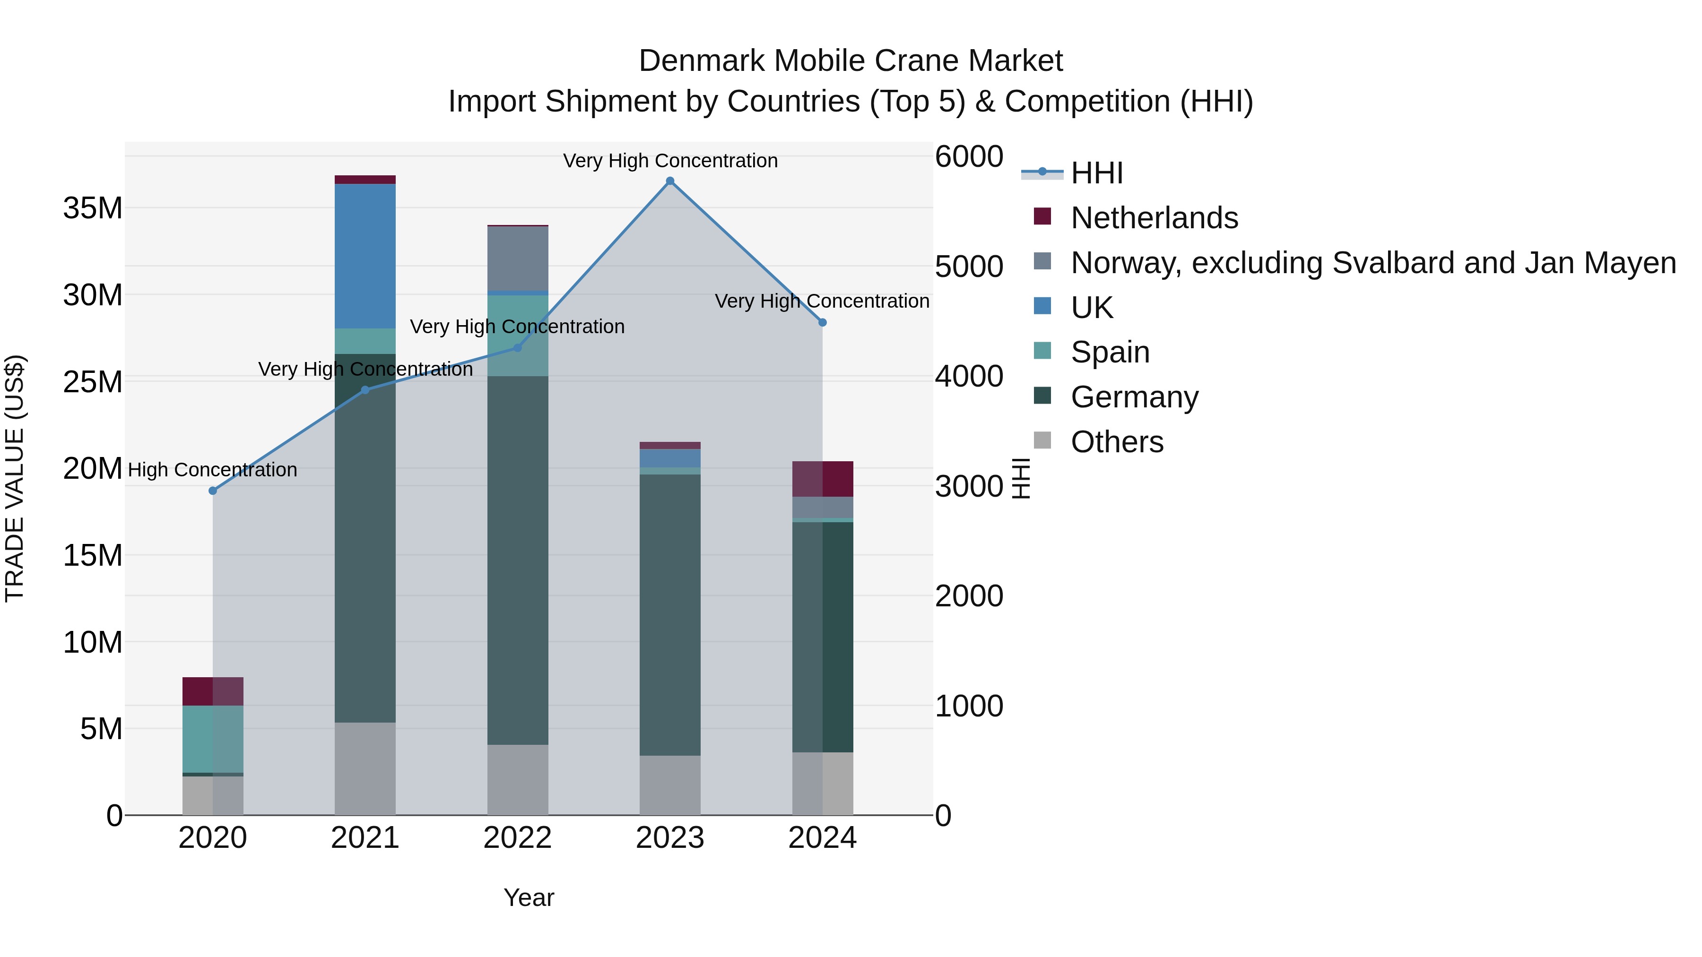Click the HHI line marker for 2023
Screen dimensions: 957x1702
(670, 181)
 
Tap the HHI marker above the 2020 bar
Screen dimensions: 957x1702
(213, 491)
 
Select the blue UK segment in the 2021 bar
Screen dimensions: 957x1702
(365, 256)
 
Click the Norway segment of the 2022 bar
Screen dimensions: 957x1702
(517, 258)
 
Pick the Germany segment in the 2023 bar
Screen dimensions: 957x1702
(670, 614)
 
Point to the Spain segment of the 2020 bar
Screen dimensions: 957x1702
(212, 739)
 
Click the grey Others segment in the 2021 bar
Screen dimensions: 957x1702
(365, 769)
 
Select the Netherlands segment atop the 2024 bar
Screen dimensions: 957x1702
(823, 479)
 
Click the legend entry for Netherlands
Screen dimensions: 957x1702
(1154, 218)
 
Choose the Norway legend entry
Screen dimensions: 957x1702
(1372, 263)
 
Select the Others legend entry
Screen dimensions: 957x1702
(1117, 442)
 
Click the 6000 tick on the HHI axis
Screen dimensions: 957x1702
(969, 157)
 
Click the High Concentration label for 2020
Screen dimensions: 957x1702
(212, 470)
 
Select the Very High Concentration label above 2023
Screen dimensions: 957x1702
(670, 161)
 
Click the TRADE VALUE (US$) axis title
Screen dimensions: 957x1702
(15, 478)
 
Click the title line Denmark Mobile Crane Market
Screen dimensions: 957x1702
(851, 61)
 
